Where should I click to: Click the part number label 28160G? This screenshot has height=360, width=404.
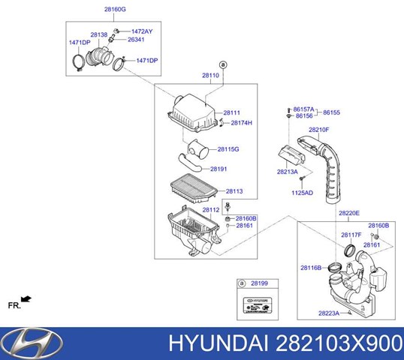click(115, 10)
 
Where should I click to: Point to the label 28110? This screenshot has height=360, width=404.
click(210, 76)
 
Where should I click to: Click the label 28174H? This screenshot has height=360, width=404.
click(241, 123)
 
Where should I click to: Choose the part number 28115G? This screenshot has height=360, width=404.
click(228, 149)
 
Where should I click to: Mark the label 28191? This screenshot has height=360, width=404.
click(219, 169)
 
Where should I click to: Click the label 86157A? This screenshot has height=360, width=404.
click(305, 109)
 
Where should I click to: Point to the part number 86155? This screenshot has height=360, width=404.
click(332, 112)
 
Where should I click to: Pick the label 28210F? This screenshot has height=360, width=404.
click(318, 130)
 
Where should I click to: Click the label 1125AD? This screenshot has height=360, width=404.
click(302, 193)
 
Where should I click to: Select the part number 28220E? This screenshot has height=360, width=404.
click(348, 213)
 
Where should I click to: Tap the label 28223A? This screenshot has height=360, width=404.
click(329, 313)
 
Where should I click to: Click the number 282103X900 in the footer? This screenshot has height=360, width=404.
click(353, 344)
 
